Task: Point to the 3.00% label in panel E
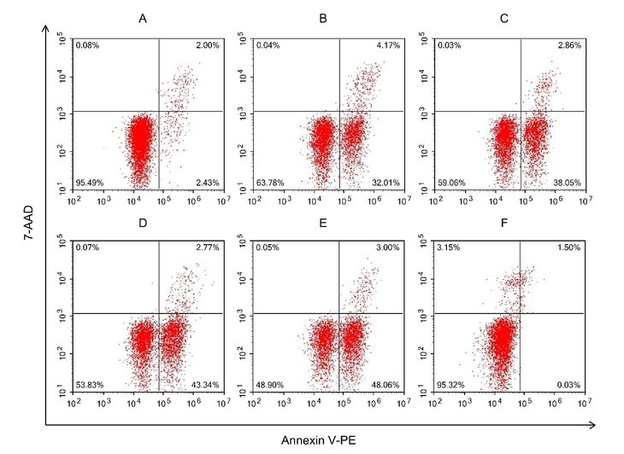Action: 390,247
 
